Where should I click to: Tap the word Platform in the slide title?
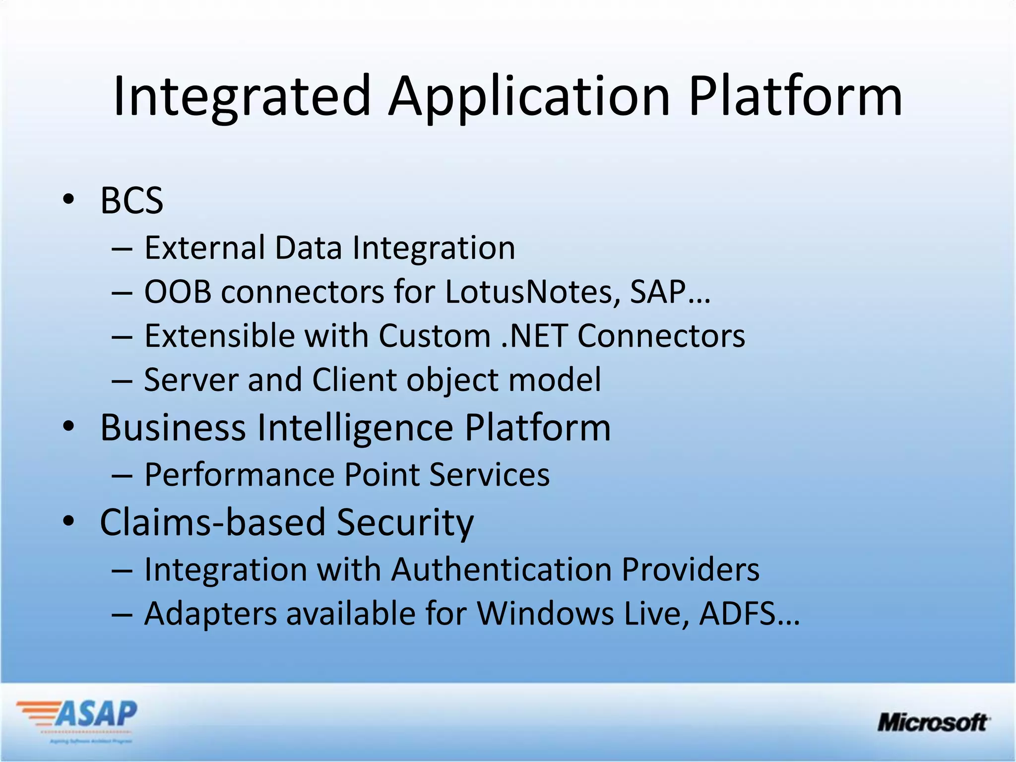tap(795, 97)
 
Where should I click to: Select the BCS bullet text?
tap(131, 201)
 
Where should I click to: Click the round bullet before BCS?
tap(68, 199)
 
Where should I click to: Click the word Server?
tap(190, 380)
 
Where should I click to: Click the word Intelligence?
tap(355, 428)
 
